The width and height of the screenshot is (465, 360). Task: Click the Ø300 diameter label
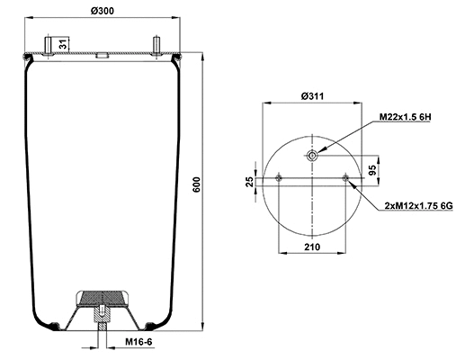[102, 11]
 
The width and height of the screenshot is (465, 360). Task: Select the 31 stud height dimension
[62, 44]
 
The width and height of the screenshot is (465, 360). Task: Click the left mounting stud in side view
[49, 46]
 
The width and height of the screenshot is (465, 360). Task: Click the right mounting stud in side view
[157, 46]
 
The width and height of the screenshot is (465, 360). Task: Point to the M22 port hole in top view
[311, 157]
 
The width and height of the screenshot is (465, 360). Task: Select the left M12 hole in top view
[280, 177]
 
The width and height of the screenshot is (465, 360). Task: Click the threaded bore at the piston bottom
[103, 317]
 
